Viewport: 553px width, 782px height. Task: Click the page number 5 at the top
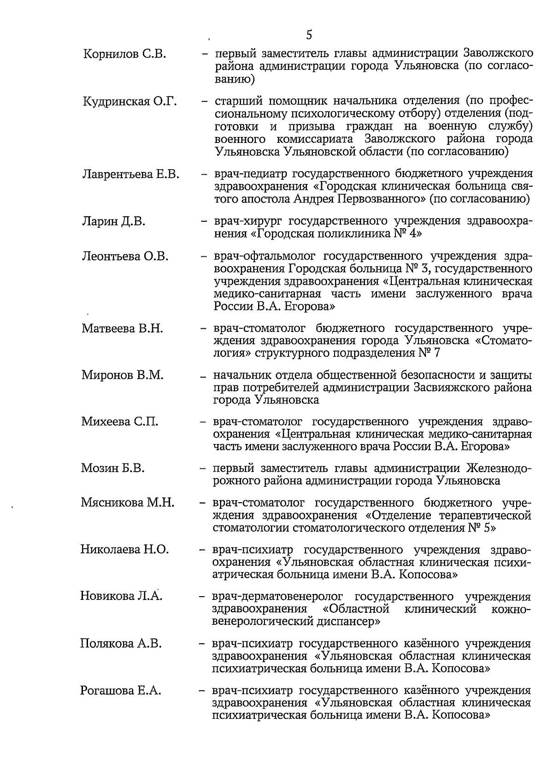(x=308, y=35)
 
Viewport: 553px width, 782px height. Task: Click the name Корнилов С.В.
(x=125, y=54)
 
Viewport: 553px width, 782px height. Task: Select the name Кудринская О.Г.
(x=130, y=101)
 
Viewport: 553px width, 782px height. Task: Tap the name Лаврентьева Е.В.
(x=131, y=174)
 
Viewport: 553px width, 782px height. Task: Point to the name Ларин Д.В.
(x=114, y=222)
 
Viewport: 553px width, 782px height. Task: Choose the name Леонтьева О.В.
(x=125, y=256)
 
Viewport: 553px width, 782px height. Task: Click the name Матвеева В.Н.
(x=123, y=329)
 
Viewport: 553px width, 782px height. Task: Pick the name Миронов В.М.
(x=123, y=375)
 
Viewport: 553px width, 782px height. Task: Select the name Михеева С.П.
(x=120, y=421)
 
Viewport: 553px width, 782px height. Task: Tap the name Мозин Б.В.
(x=113, y=468)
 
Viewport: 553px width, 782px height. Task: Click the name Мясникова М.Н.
(x=128, y=503)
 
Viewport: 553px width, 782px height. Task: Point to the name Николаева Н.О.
(x=125, y=550)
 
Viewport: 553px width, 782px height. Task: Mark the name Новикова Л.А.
(x=122, y=596)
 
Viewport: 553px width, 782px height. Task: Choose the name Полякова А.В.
(x=121, y=644)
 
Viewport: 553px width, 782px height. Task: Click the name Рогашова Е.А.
(x=121, y=691)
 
